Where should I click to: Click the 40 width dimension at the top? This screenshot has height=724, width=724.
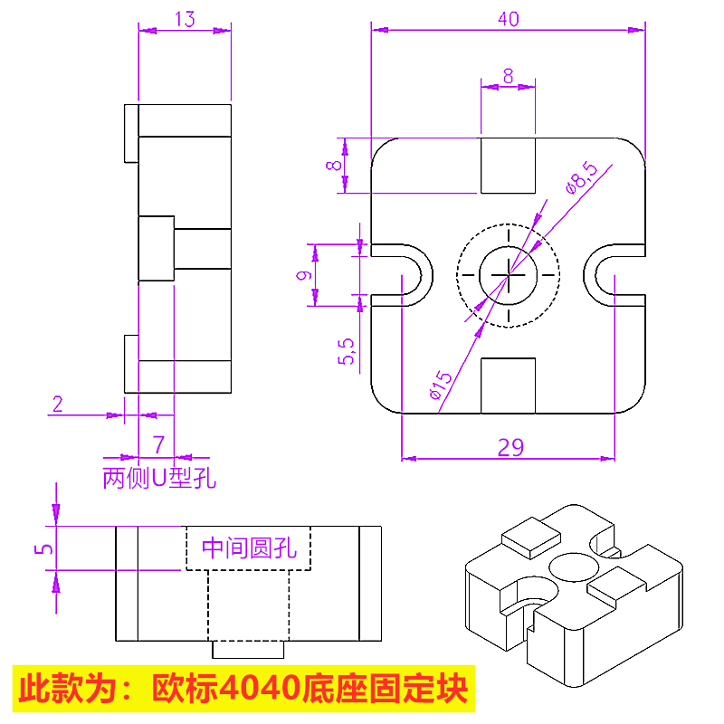point(508,19)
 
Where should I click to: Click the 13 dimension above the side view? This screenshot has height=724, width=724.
point(184,19)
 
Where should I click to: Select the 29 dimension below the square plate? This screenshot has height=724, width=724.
point(510,446)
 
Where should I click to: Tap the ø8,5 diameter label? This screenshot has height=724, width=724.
point(580,176)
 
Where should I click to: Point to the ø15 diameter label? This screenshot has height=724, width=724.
point(440,385)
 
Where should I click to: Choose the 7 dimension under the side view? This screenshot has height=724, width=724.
point(158,443)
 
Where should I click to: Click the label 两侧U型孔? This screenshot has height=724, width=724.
point(159,477)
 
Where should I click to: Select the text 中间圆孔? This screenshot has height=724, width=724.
point(248,547)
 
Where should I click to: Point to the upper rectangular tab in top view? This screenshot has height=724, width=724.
point(508,165)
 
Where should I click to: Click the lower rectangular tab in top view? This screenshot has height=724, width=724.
point(508,385)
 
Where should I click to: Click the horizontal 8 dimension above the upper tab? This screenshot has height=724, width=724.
point(508,76)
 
